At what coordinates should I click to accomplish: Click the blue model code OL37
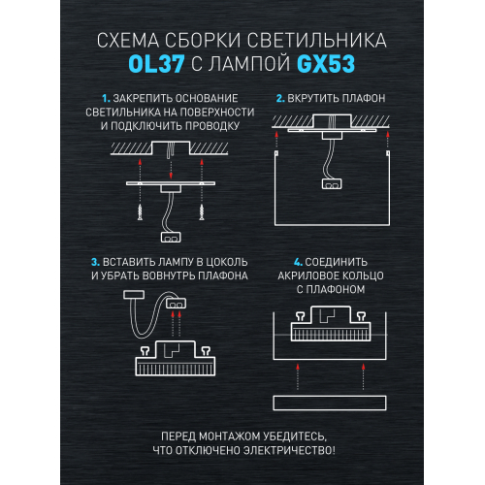pos(156,64)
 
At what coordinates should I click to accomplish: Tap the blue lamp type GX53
pos(326,64)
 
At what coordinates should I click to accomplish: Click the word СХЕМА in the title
pos(128,41)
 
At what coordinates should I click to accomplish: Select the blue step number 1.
pos(106,98)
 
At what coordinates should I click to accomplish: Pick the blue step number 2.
pos(280,98)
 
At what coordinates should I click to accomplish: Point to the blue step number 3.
pos(95,262)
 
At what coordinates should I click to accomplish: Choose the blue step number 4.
pos(298,262)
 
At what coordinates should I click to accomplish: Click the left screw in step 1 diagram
pos(140,211)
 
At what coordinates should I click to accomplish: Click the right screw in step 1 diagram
pos(202,211)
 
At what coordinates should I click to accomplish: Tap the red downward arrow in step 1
pos(171,169)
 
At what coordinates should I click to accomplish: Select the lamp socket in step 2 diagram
pos(332,184)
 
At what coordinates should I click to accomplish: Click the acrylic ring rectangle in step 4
pos(330,403)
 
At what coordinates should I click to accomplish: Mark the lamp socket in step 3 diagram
pos(176,304)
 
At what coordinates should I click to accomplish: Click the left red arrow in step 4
pos(298,376)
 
